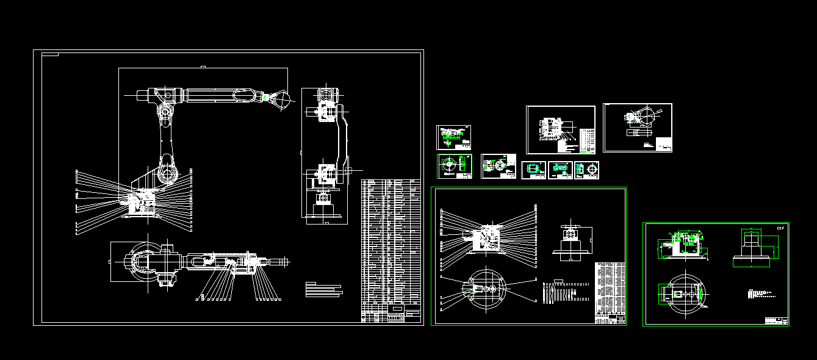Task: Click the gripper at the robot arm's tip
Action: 280,100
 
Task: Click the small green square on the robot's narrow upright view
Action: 348,171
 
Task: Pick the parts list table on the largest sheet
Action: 391,244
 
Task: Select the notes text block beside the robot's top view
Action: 324,289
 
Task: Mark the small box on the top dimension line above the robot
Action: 203,66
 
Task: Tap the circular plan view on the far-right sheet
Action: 686,294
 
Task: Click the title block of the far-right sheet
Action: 776,321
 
